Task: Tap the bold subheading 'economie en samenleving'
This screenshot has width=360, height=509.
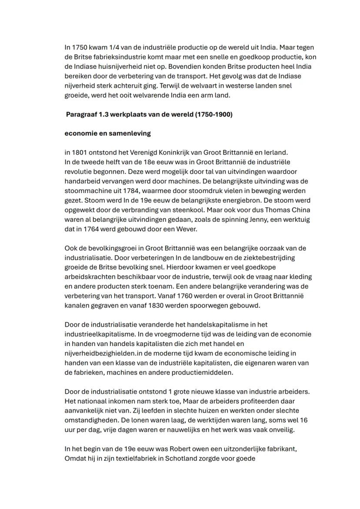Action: pyautogui.click(x=107, y=133)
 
